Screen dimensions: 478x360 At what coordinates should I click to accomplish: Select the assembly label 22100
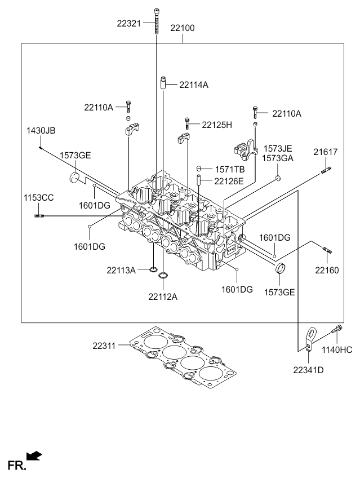pyautogui.click(x=183, y=27)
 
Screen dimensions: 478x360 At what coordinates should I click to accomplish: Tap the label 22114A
pyautogui.click(x=194, y=85)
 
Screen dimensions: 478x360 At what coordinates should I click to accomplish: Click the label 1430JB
pyautogui.click(x=41, y=131)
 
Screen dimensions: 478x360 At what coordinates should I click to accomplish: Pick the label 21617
pyautogui.click(x=326, y=152)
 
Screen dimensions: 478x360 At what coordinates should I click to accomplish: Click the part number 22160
pyautogui.click(x=327, y=270)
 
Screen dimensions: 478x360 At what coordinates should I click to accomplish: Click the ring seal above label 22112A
pyautogui.click(x=163, y=275)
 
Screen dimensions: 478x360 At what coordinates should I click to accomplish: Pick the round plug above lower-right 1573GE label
pyautogui.click(x=280, y=269)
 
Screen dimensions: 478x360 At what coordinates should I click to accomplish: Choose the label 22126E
pyautogui.click(x=229, y=181)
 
